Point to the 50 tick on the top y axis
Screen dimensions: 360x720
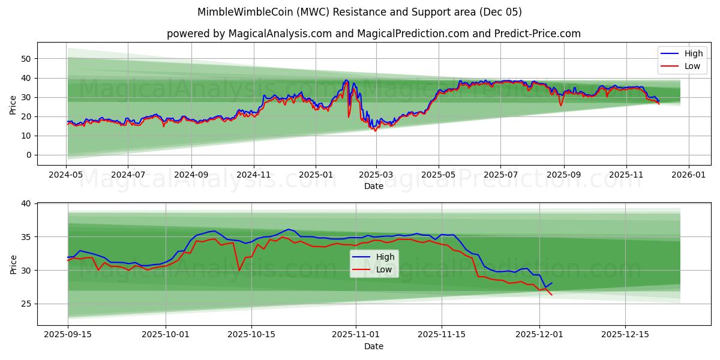click(x=26, y=59)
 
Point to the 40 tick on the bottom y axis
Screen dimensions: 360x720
click(x=26, y=204)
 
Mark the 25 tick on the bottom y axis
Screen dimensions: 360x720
click(x=26, y=304)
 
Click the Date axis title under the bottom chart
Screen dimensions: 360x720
click(x=374, y=346)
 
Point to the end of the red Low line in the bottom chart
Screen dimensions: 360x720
click(x=551, y=295)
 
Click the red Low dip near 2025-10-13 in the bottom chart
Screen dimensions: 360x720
click(x=239, y=271)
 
